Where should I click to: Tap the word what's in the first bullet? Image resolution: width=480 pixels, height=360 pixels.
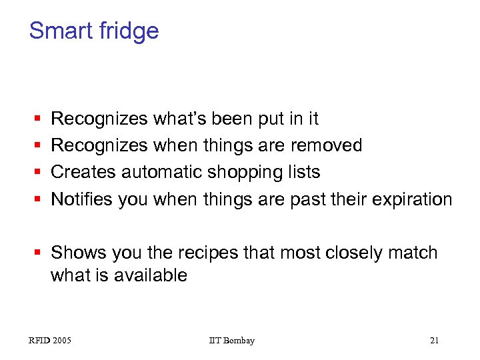(x=180, y=119)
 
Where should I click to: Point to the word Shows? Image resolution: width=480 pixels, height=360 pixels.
(x=79, y=253)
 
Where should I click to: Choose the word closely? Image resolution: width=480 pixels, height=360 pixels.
(x=349, y=253)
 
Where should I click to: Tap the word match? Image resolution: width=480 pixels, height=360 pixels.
(x=412, y=253)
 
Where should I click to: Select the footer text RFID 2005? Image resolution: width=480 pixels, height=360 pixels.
(x=50, y=341)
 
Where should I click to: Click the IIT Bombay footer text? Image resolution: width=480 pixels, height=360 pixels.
(x=231, y=341)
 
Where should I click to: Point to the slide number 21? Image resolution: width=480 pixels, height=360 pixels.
(x=434, y=341)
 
